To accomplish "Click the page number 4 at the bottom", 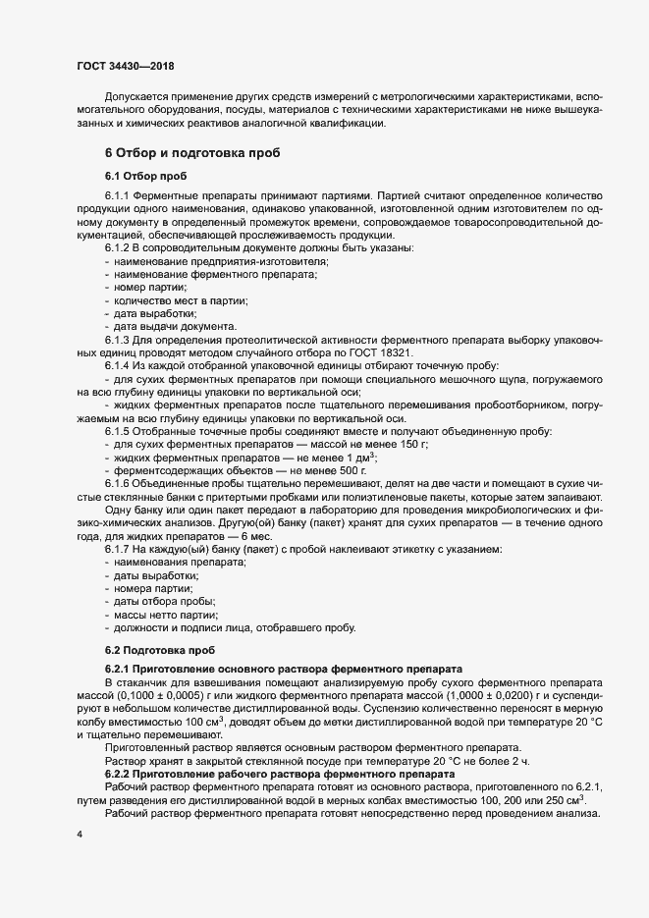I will (x=78, y=833).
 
